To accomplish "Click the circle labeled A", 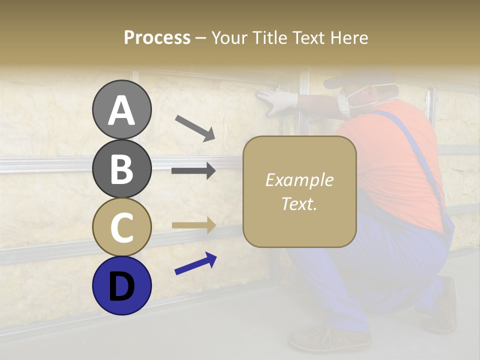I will pos(121,109).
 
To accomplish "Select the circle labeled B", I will pos(121,168).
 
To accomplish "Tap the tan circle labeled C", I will pos(121,227).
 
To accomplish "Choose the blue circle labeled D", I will pos(121,285).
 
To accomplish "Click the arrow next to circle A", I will pos(195,128).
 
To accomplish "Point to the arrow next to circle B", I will pos(193,170).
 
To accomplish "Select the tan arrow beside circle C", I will pos(193,225).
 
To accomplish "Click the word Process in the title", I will pos(157,37).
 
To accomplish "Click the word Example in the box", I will pos(299,180).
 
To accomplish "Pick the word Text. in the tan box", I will pos(299,203).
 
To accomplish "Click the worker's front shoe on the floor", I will pos(325,340).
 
